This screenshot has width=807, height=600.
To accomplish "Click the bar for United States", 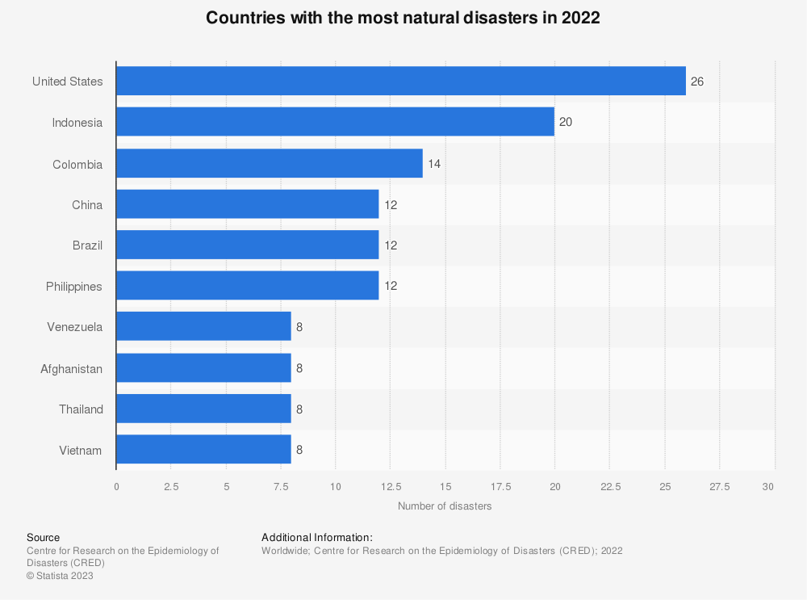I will (401, 81).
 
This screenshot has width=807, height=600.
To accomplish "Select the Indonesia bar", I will (335, 122).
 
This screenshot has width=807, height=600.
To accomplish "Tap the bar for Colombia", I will (270, 163).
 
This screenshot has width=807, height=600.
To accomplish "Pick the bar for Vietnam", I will (203, 450).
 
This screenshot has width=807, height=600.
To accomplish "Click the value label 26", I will (697, 82).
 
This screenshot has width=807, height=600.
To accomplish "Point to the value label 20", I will (566, 123).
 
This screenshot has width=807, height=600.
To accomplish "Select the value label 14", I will (434, 164).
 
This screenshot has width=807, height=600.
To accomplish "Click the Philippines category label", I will (73, 286).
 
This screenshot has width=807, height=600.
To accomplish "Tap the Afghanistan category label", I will (72, 368).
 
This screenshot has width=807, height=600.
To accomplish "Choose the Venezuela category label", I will (75, 327).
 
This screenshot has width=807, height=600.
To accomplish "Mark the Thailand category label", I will (81, 409).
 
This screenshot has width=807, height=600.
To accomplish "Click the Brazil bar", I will (248, 245).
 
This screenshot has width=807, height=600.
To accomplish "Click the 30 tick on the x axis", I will (768, 486).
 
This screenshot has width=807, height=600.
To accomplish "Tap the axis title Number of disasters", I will (445, 506).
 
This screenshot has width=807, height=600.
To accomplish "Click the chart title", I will (403, 18).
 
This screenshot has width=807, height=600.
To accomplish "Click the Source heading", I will (43, 537).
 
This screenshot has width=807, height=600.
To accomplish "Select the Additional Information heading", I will (317, 537).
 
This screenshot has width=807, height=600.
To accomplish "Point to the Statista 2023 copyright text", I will (60, 576).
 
